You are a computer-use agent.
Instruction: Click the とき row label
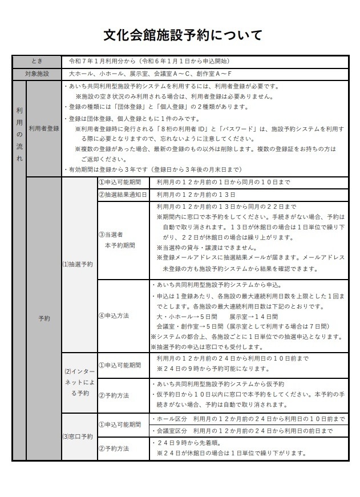pyautogui.click(x=37, y=61)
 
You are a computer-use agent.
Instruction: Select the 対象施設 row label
pyautogui.click(x=37, y=74)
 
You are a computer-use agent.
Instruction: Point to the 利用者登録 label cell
pyautogui.click(x=44, y=129)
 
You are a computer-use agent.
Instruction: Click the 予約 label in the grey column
pyautogui.click(x=44, y=318)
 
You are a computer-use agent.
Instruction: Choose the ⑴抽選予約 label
pyautogui.click(x=78, y=264)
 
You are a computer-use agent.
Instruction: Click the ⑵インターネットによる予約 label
pyautogui.click(x=78, y=382)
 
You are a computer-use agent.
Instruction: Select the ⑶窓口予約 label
pyautogui.click(x=78, y=437)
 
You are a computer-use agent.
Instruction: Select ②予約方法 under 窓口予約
pyautogui.click(x=122, y=448)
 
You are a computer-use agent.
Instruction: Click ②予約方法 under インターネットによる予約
pyautogui.click(x=122, y=395)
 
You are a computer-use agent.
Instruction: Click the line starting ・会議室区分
pyautogui.click(x=243, y=431)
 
